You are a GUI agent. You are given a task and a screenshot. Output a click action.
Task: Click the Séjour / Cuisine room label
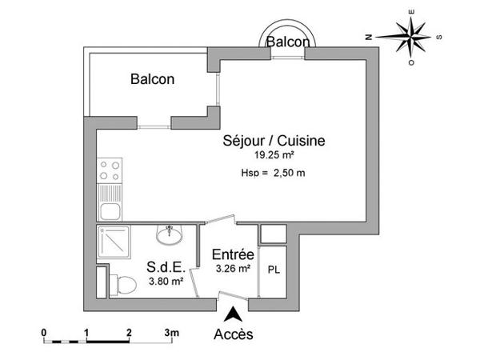(273, 141)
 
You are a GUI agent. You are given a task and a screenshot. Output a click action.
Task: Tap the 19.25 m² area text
(273, 155)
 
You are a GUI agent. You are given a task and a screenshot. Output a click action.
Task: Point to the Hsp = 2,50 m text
(273, 172)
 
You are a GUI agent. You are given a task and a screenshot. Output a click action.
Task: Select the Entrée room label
(233, 255)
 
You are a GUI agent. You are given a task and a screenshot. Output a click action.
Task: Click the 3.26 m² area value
(233, 269)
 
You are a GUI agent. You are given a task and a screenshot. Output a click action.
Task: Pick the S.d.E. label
(166, 266)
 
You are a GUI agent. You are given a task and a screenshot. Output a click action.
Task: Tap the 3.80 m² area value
(166, 281)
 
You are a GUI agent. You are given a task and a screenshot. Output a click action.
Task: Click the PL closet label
(273, 270)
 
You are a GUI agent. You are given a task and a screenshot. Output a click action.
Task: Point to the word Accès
(234, 334)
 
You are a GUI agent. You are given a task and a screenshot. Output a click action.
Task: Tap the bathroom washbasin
(170, 236)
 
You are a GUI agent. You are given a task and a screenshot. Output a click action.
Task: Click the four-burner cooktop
(108, 171)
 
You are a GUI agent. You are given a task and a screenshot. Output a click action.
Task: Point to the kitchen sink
(108, 210)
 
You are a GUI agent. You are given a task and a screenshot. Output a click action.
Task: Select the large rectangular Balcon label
(153, 79)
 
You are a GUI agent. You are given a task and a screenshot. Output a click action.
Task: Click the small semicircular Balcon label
(286, 41)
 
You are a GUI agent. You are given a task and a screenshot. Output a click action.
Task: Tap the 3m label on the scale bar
(171, 330)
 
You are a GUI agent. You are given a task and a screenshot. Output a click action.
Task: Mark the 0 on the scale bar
(45, 330)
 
